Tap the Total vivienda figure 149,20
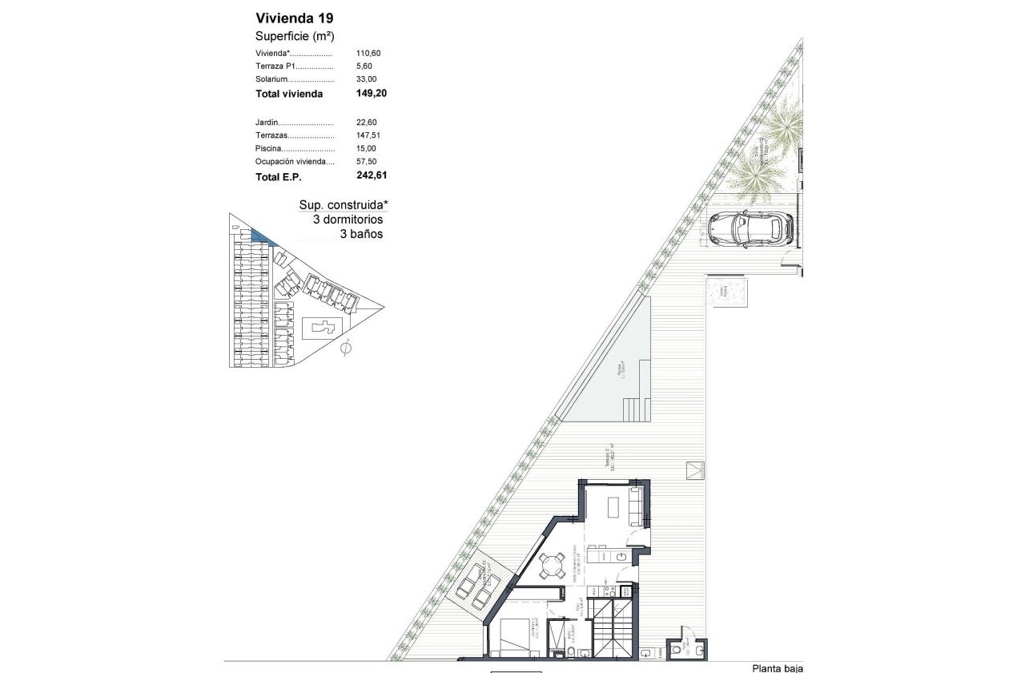pyautogui.click(x=371, y=94)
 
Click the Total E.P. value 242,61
pyautogui.click(x=371, y=175)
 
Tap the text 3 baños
pyautogui.click(x=361, y=235)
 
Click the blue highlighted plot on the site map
pyautogui.click(x=261, y=236)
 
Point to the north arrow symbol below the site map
pyautogui.click(x=346, y=349)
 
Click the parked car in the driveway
pyautogui.click(x=750, y=229)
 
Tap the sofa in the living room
pyautogui.click(x=636, y=506)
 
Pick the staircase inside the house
pyautogui.click(x=613, y=628)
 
